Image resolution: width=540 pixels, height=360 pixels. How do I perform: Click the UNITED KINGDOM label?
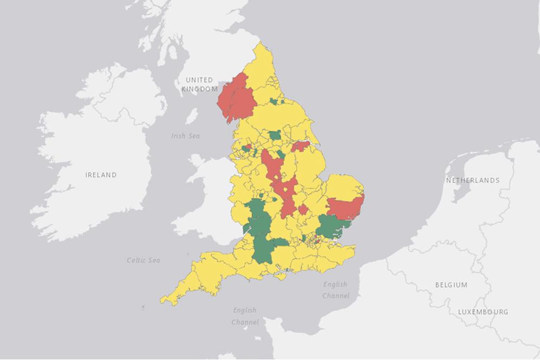(199, 84)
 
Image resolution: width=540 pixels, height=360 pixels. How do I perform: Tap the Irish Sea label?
(185, 136)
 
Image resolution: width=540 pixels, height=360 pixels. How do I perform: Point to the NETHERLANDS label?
(472, 180)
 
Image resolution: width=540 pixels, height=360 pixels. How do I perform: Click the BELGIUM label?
(451, 284)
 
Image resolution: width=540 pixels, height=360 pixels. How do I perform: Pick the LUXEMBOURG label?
(483, 312)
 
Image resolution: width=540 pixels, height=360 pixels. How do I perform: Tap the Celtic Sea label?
(143, 260)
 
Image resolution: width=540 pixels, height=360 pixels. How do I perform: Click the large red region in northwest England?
(235, 100)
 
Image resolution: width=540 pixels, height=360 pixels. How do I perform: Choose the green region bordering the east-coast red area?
(332, 226)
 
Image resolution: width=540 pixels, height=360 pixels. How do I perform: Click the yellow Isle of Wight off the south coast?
(280, 276)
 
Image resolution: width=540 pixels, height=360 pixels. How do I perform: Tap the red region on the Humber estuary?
(301, 146)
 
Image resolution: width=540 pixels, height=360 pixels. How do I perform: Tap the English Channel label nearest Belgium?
(335, 290)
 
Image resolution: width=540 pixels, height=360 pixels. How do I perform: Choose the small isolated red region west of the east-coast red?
(303, 209)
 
